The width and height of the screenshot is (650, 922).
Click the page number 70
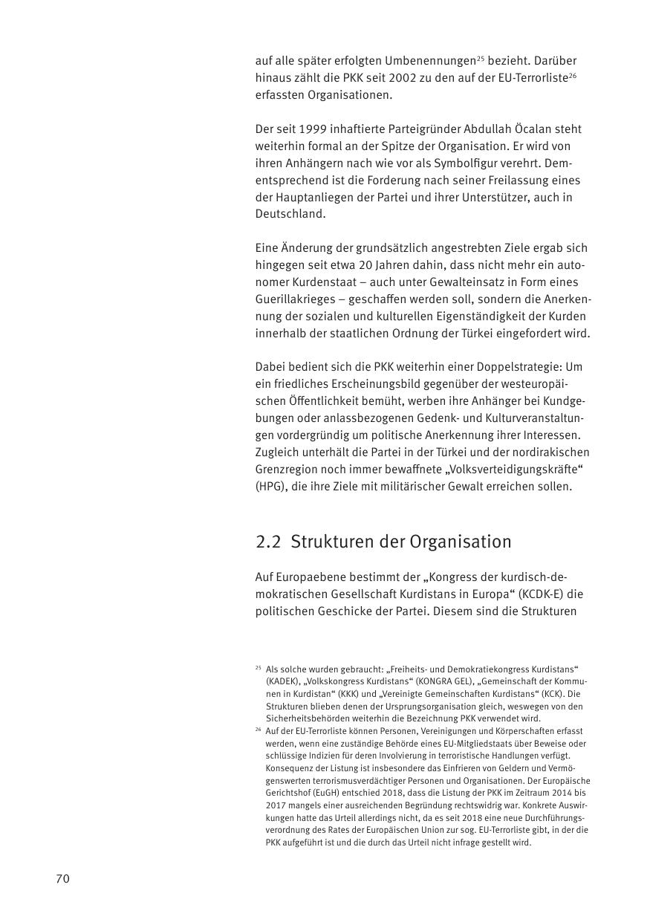(x=62, y=879)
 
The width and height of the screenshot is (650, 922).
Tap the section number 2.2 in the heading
(x=267, y=542)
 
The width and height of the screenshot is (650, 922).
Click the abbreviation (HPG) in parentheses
(x=273, y=487)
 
